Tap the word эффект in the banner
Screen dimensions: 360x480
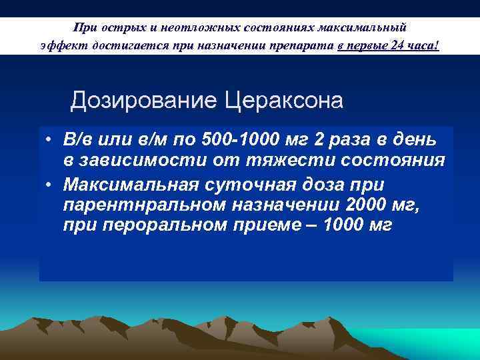(x=58, y=45)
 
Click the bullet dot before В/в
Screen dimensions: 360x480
(x=50, y=141)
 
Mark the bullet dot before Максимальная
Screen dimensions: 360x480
(x=50, y=183)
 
